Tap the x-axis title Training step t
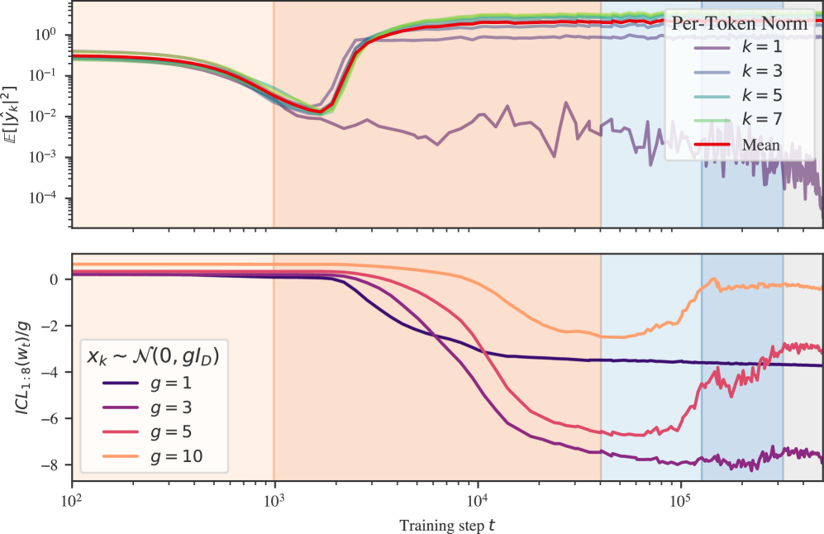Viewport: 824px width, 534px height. (x=447, y=524)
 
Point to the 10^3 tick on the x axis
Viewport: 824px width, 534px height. (x=274, y=501)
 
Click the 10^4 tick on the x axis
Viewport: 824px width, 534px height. (x=477, y=501)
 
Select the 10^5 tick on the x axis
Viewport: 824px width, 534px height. (x=680, y=501)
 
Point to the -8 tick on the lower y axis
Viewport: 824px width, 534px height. (x=54, y=465)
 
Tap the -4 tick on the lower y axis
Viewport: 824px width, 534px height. (x=54, y=372)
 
